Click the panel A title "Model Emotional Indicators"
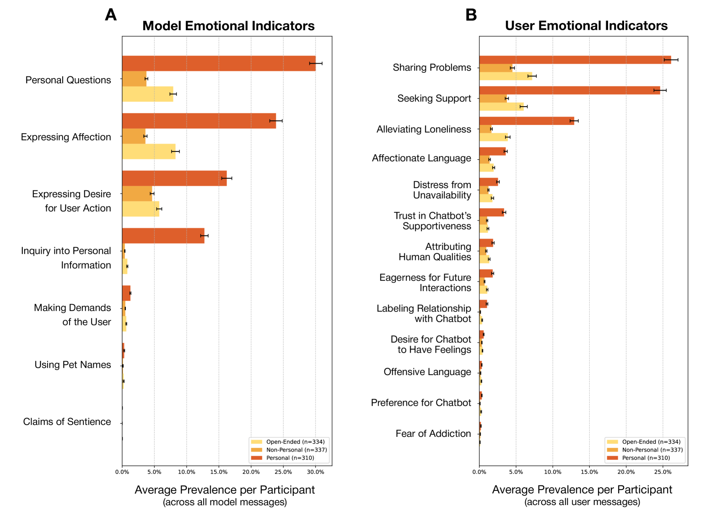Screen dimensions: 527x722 click(228, 26)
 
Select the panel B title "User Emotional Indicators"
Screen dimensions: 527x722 click(586, 26)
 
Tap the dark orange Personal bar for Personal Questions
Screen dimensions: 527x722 click(219, 64)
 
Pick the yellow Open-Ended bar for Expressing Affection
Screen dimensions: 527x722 click(149, 151)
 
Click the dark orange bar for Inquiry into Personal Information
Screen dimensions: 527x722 click(163, 236)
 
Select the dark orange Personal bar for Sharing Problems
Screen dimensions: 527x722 click(575, 60)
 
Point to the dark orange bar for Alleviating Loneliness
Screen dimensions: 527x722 click(526, 121)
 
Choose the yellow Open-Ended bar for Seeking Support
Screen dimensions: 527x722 click(501, 107)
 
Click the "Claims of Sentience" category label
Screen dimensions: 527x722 click(67, 422)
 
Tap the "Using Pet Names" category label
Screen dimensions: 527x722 click(73, 365)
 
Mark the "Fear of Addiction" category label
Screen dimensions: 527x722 click(433, 434)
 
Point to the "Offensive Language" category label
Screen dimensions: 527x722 click(427, 372)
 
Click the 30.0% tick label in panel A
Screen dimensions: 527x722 click(315, 472)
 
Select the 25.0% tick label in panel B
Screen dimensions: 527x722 click(663, 472)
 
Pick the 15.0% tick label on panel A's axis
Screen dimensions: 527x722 click(219, 472)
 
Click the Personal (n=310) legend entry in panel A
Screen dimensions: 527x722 click(290, 458)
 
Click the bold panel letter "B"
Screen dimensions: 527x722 click(471, 15)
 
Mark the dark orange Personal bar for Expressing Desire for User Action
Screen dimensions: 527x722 click(174, 178)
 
